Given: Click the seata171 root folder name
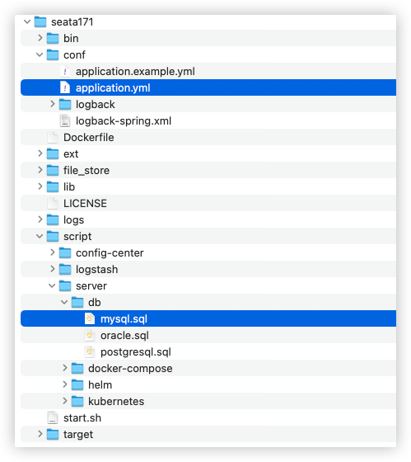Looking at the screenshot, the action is coord(72,22).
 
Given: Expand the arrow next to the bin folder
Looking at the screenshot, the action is coord(40,38).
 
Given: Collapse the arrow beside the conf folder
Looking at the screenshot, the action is coord(40,54).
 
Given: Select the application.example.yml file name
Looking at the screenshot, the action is coord(135,72).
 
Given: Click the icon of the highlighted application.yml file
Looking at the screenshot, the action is coord(65,87).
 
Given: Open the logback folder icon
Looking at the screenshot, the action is coord(65,104).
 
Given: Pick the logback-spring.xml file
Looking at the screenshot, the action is coord(124,121).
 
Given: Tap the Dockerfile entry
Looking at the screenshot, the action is coord(89,138).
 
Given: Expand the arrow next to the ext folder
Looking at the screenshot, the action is coord(40,153).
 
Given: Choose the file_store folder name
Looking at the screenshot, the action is coord(86,171).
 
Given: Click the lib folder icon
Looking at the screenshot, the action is coord(53,186).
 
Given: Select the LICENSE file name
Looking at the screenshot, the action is coord(85,204).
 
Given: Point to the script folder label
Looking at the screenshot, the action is coord(77,237).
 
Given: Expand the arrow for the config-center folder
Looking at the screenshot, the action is coord(53,252).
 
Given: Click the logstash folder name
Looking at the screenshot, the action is coord(97,270).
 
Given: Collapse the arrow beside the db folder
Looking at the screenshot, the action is coord(64,302).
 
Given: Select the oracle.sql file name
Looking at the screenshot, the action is coord(124,336).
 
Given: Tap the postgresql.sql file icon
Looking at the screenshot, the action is coord(90,351).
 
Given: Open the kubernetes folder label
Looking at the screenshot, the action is coord(116,402).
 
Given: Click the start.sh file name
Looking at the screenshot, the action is coord(82,418).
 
